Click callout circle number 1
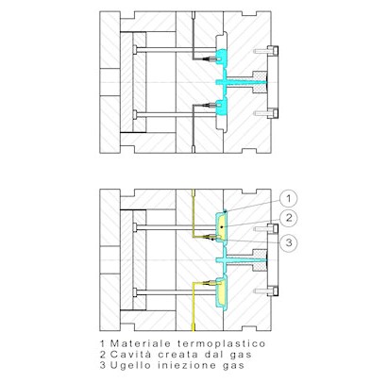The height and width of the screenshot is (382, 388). coord(288,198)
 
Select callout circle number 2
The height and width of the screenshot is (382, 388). coord(288,218)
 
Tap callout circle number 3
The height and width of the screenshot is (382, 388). coord(288,242)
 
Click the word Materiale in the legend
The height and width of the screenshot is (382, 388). coord(141,343)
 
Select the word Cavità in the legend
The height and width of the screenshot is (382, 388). coord(130,355)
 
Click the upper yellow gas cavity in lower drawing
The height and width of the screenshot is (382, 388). coord(222,227)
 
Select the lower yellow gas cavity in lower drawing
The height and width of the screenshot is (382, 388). coord(222,293)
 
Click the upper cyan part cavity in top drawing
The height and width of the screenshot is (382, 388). coord(222,57)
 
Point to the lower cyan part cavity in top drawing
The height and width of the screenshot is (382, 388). coord(222,107)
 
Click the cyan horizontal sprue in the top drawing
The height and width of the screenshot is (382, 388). coord(242,82)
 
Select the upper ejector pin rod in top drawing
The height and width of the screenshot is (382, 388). coord(175,50)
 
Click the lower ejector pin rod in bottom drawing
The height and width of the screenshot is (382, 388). coord(175,292)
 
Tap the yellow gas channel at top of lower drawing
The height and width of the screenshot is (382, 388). coord(194,213)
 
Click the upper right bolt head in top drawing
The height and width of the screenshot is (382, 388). coord(273,50)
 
